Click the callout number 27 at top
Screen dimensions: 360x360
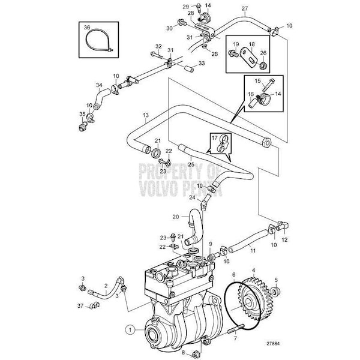245,8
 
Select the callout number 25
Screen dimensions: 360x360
190,164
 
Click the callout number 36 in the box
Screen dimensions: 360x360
87,28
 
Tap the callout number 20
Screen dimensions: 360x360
176,216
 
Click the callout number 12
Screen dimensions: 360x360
284,240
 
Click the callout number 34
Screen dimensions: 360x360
100,86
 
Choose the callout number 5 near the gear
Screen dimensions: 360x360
276,280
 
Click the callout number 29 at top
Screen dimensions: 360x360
185,7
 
